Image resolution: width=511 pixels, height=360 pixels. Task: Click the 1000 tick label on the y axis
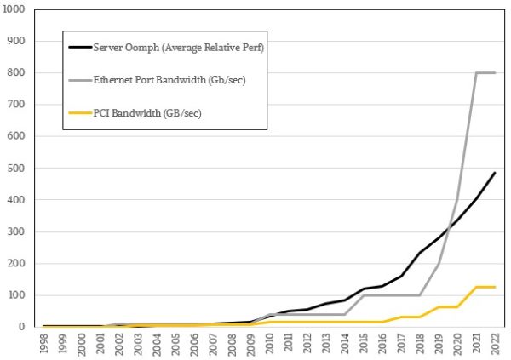(16, 9)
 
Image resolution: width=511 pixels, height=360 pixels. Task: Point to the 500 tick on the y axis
(18, 169)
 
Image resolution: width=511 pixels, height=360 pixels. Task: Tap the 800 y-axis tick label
(18, 73)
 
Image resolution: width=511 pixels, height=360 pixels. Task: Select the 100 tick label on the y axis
(18, 295)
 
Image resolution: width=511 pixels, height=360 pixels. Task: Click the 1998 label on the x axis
(44, 342)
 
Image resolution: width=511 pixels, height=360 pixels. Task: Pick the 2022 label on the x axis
(495, 342)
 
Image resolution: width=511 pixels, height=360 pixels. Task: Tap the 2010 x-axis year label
(269, 342)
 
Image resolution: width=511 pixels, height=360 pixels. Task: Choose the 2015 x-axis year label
(364, 342)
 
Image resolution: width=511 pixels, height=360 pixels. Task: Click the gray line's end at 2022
(495, 73)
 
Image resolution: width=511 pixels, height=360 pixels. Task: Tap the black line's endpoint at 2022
(495, 173)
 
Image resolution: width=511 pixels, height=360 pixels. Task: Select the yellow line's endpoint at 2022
(495, 287)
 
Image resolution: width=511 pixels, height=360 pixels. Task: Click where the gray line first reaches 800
(476, 73)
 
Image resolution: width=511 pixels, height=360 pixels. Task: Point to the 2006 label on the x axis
(194, 342)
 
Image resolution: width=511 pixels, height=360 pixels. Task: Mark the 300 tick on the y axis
(18, 231)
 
